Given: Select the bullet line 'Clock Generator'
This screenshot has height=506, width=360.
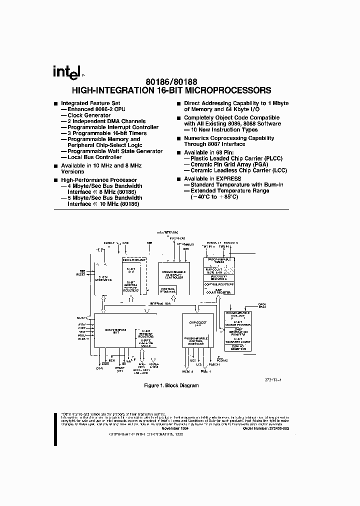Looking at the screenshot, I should click(x=88, y=115).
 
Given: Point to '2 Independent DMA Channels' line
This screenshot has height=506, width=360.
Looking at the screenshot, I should click(x=106, y=121).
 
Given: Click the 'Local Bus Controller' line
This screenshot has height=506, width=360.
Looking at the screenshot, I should click(x=94, y=157).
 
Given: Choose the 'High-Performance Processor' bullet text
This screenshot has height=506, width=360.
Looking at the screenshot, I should click(x=98, y=180).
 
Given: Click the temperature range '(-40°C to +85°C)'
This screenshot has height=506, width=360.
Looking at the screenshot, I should click(x=214, y=196).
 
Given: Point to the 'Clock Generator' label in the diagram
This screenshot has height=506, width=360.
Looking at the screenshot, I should click(x=103, y=278).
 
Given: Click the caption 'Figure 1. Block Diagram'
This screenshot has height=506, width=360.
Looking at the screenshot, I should click(x=171, y=385).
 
